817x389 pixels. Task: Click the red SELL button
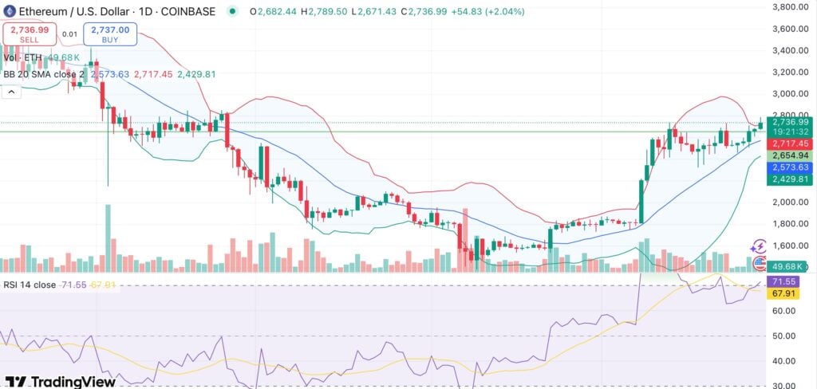tap(30, 33)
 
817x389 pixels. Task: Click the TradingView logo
tap(61, 381)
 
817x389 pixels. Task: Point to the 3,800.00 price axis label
tap(791, 7)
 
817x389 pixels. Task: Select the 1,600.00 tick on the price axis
tap(791, 246)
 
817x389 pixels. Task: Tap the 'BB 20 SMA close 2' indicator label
tap(45, 74)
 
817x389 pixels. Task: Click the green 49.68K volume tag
tap(790, 265)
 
